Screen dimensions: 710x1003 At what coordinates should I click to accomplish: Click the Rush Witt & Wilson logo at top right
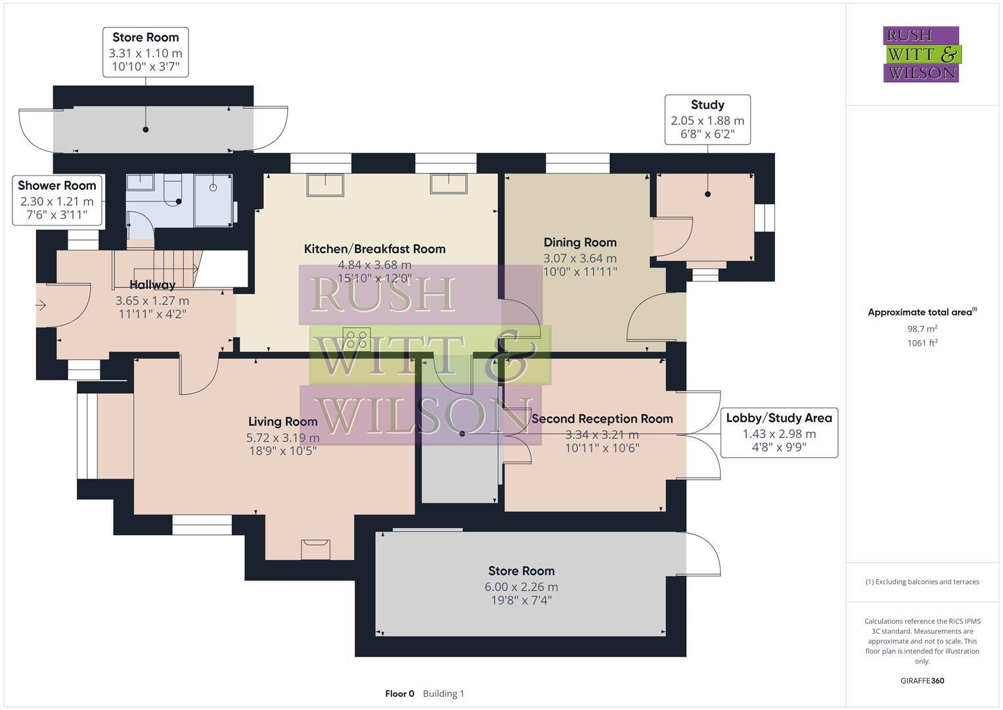(921, 54)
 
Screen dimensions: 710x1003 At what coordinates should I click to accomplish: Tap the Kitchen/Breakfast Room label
(374, 249)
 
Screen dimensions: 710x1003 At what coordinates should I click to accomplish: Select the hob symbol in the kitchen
(357, 339)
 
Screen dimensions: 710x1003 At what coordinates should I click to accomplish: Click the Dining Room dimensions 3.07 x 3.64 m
(580, 258)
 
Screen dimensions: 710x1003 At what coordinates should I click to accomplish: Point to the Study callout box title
(707, 105)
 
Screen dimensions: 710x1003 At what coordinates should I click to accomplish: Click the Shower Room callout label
(57, 186)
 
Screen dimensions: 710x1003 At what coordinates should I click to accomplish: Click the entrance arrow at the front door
(41, 305)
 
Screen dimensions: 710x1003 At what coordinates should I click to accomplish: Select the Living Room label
(282, 422)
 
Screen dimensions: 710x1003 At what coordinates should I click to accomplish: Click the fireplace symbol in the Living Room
(315, 549)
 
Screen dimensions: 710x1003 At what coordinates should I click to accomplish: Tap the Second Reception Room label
(602, 419)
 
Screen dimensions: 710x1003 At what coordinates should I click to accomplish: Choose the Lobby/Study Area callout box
(779, 433)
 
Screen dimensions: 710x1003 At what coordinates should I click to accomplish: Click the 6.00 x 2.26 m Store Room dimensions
(522, 587)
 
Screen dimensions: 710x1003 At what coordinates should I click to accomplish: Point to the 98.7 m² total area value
(922, 329)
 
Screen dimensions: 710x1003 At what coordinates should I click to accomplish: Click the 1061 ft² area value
(922, 343)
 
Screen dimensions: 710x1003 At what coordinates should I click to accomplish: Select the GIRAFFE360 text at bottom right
(922, 680)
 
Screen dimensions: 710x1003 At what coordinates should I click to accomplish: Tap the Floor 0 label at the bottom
(399, 694)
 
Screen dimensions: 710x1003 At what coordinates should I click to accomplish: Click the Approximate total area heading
(921, 312)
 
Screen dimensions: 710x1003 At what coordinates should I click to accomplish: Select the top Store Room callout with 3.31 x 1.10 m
(146, 52)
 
